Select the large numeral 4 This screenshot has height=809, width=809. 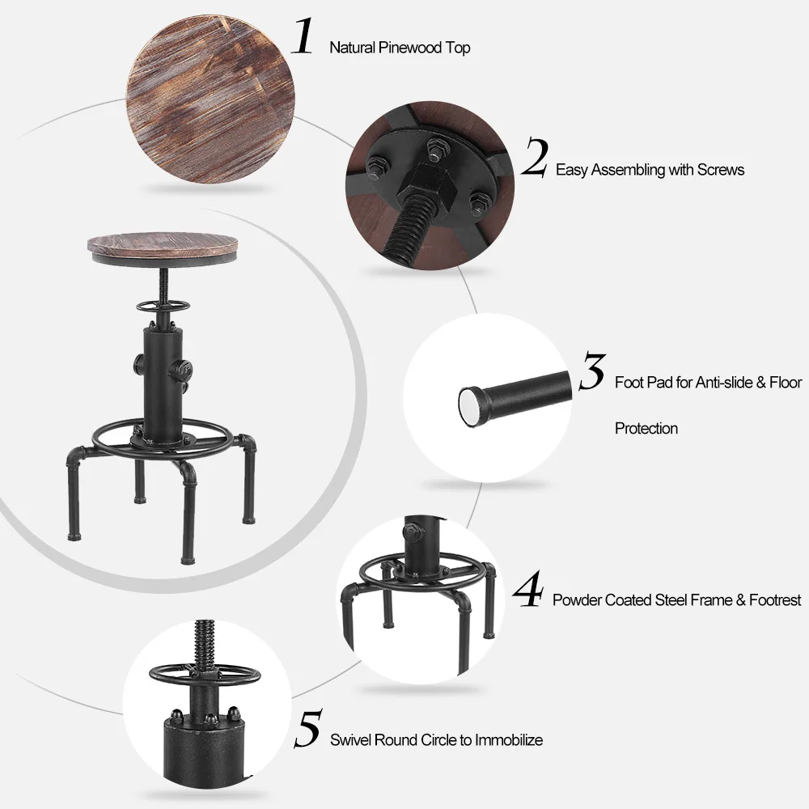coord(527,590)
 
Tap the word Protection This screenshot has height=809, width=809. coord(646,428)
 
